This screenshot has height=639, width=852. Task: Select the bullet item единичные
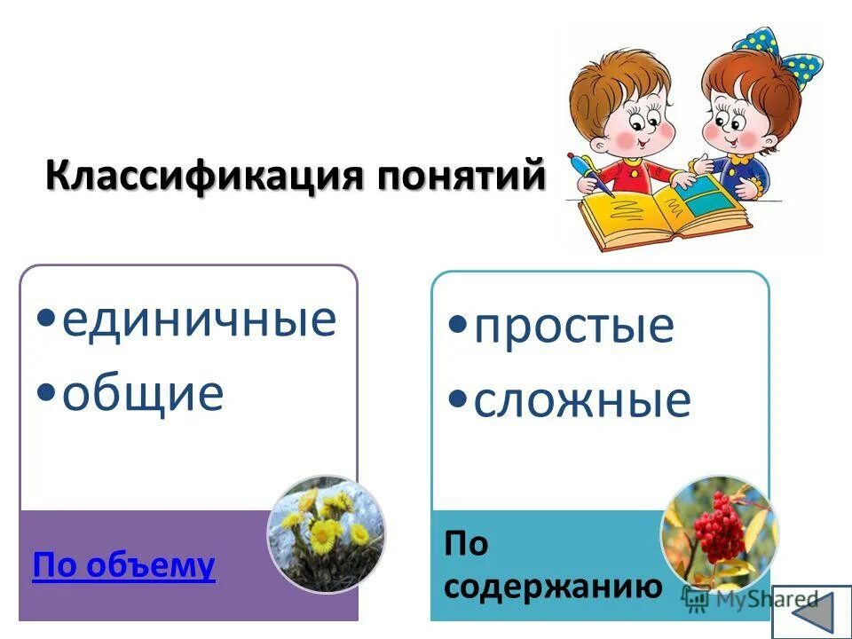(x=199, y=319)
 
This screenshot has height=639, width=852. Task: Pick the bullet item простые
(x=573, y=326)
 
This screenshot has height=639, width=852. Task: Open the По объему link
(x=123, y=564)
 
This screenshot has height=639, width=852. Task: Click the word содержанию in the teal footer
(x=553, y=586)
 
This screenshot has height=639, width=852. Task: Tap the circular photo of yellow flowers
(x=327, y=534)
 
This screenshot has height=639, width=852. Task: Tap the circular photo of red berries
(x=719, y=534)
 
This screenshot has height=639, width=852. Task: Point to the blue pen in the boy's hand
(x=593, y=173)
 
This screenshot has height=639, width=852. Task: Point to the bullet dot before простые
(x=459, y=324)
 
